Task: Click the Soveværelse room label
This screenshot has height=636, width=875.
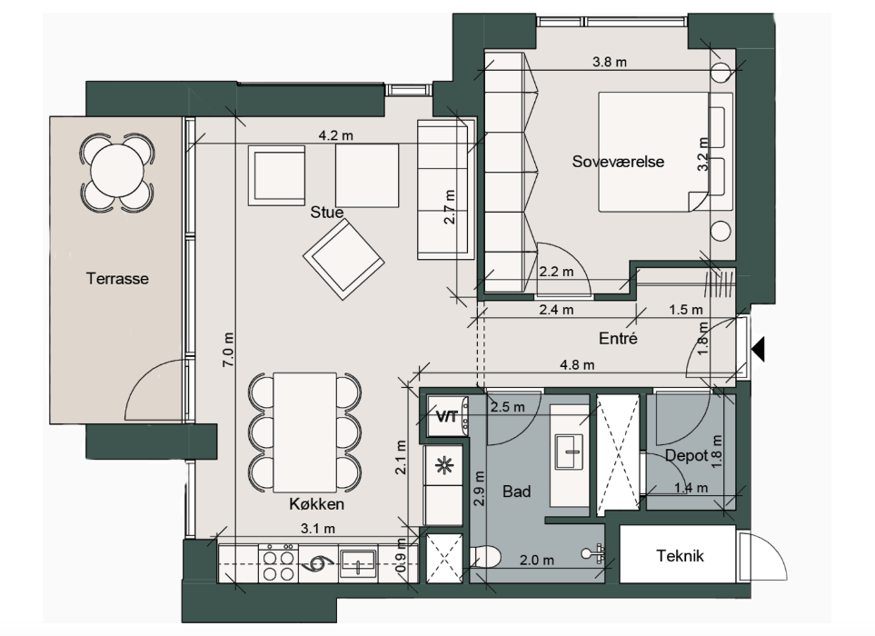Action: [618, 162]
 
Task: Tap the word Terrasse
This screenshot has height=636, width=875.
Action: [117, 278]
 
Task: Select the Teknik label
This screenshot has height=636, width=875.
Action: [680, 556]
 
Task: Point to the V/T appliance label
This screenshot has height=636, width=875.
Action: [446, 416]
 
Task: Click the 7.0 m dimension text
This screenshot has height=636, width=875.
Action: [228, 350]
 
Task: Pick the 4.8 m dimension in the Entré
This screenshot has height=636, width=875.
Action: [577, 365]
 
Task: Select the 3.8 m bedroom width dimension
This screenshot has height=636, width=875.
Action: [610, 62]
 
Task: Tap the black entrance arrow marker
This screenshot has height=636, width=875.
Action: [758, 349]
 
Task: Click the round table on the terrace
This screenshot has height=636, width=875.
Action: [117, 172]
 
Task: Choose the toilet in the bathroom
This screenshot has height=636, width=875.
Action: [485, 556]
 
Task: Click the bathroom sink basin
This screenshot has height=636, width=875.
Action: [569, 452]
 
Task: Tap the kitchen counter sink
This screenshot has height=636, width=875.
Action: [358, 562]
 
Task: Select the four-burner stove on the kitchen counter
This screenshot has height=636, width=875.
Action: [278, 563]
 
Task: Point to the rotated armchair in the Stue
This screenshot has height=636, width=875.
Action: [343, 259]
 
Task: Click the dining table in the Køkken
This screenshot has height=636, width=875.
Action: [304, 432]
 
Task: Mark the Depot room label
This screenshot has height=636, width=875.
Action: [686, 456]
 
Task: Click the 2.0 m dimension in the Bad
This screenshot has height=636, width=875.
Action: [537, 560]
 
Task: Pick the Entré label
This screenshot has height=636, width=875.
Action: [618, 338]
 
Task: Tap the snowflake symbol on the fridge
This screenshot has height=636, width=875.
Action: [444, 465]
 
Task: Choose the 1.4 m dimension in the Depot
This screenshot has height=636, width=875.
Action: [691, 488]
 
